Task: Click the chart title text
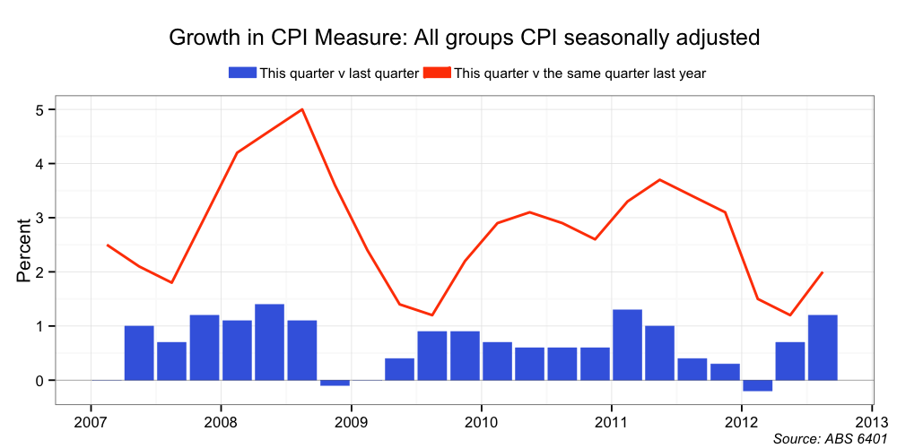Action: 465,38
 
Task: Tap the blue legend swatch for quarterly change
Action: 242,73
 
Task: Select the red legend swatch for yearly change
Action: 438,73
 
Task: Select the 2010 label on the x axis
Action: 482,421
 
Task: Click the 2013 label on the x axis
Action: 872,421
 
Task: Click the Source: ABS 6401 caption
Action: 825,438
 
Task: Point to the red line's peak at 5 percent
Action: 302,109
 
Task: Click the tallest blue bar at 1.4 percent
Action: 269,342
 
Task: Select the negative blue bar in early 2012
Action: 758,385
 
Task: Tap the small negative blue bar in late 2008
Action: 335,383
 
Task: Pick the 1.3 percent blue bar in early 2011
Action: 627,345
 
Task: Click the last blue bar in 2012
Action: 823,348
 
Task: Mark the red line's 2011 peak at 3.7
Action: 660,180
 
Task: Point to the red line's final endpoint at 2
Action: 823,272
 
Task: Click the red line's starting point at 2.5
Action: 107,245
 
